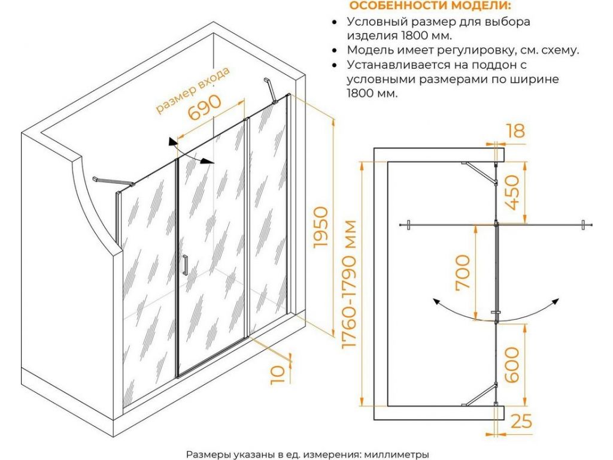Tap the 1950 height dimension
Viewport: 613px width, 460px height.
[321, 226]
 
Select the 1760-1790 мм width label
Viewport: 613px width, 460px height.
[349, 284]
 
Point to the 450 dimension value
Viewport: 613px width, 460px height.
[512, 192]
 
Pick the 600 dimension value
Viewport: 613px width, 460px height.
[512, 365]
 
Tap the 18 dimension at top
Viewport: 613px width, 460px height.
[516, 131]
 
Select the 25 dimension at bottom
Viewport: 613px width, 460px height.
[521, 421]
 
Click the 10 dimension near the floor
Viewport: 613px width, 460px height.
[277, 375]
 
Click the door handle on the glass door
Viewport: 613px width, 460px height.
[185, 265]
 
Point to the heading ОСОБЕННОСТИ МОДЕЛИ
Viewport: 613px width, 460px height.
[430, 6]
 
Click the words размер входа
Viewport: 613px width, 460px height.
[193, 90]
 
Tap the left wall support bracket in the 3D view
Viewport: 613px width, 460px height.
[113, 181]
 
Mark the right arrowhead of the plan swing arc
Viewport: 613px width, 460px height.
[554, 302]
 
